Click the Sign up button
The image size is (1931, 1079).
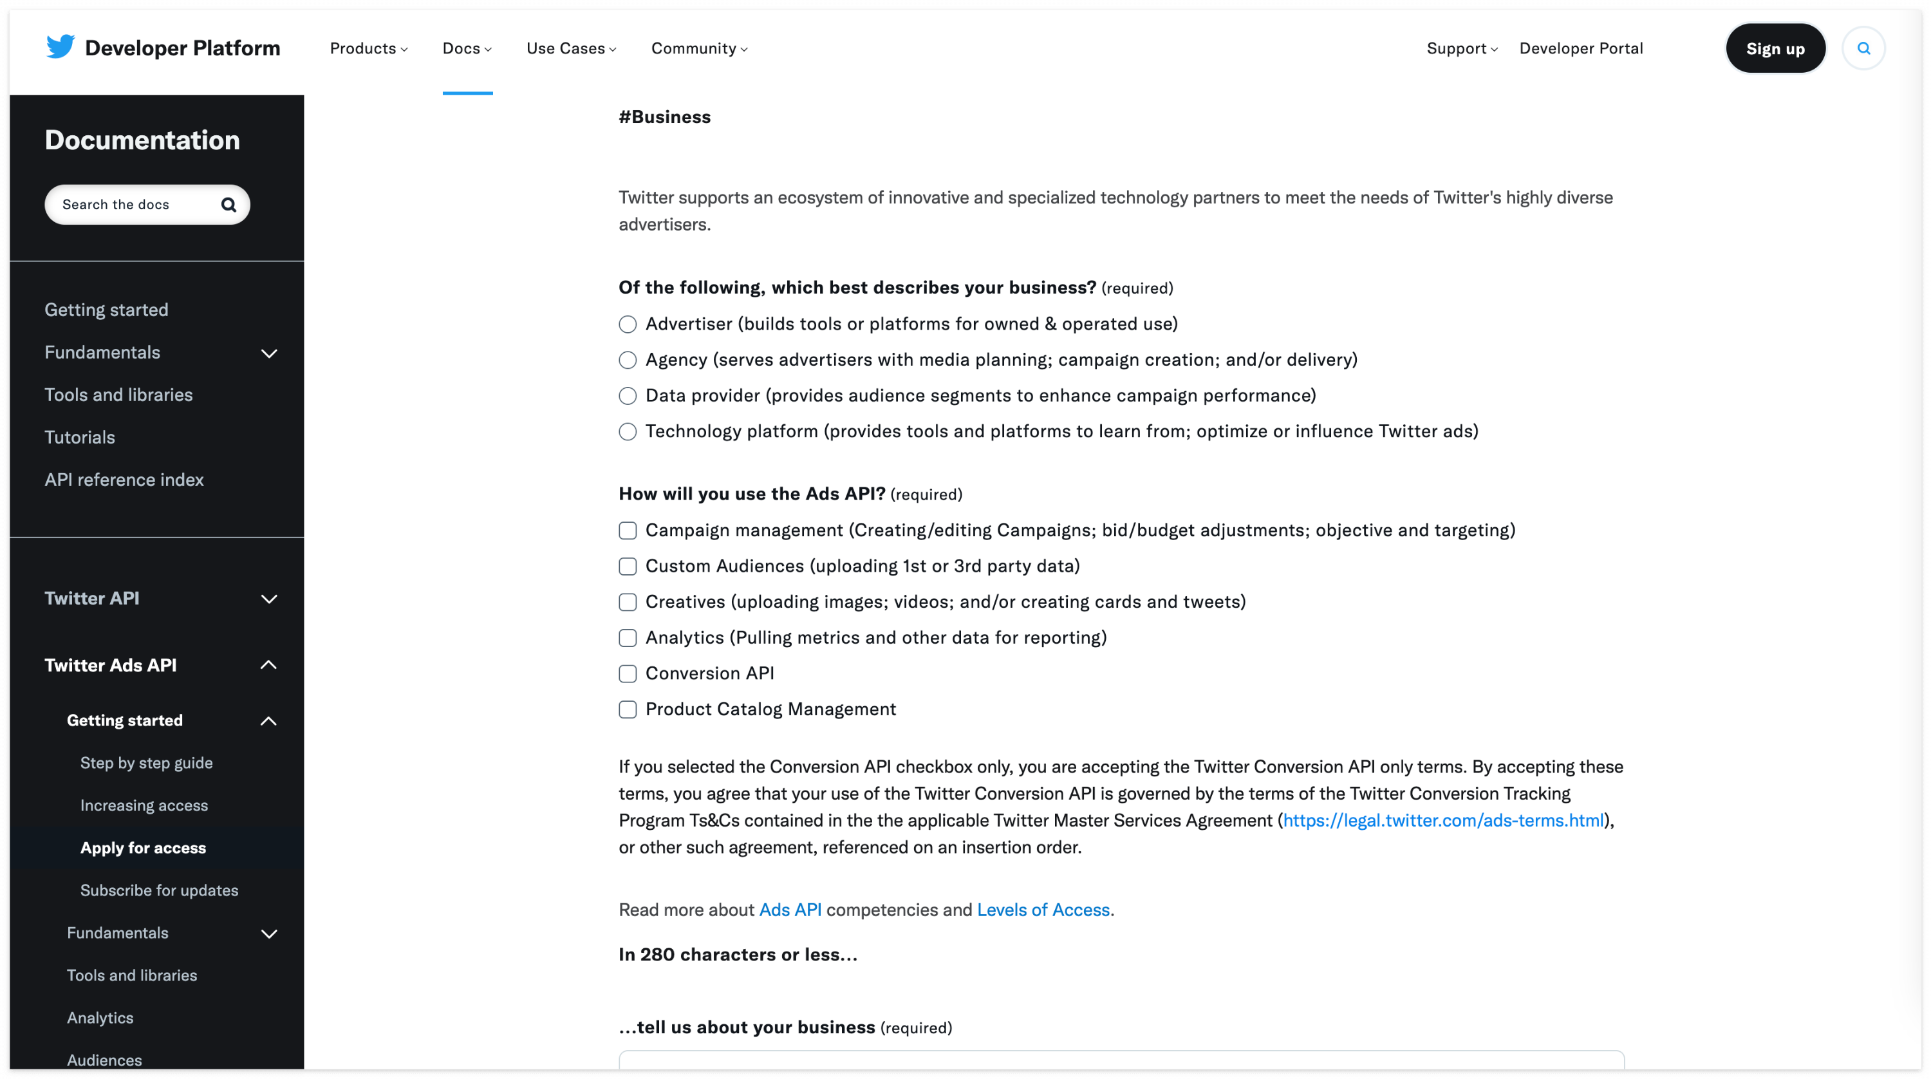(1775, 49)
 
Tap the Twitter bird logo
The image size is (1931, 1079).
(60, 46)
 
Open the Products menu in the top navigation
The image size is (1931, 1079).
(368, 49)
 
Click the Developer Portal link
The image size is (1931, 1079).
(1580, 49)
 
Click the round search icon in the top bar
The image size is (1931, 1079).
(1863, 49)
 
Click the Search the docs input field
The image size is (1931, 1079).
(135, 205)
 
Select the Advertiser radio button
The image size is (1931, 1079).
(628, 324)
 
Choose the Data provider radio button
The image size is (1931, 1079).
(628, 396)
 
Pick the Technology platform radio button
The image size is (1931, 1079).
(628, 432)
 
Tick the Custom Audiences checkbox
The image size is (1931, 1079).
(628, 566)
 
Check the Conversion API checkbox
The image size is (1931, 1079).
(628, 674)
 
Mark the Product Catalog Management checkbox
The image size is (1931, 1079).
(628, 709)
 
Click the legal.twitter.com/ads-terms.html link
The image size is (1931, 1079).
(1443, 820)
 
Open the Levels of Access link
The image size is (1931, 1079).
(1043, 910)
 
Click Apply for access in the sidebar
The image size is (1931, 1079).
(143, 848)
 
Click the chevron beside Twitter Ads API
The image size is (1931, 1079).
(268, 665)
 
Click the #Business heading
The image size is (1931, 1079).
(664, 117)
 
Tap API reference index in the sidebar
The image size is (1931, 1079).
(124, 480)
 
